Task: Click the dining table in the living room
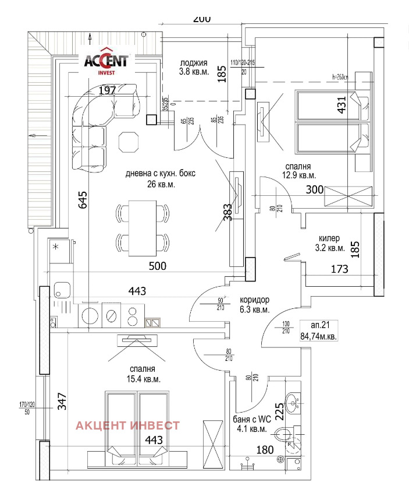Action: pyautogui.click(x=143, y=225)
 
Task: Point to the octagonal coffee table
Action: pyautogui.click(x=129, y=140)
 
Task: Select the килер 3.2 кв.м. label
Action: pyautogui.click(x=329, y=243)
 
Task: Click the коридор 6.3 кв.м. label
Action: pyautogui.click(x=254, y=305)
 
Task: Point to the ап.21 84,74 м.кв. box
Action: pyautogui.click(x=318, y=331)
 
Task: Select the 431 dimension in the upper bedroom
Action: pyautogui.click(x=342, y=105)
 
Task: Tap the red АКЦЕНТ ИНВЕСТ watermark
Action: pyautogui.click(x=127, y=425)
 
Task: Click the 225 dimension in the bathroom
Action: pyautogui.click(x=279, y=413)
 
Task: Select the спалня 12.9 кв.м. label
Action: pyautogui.click(x=300, y=170)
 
